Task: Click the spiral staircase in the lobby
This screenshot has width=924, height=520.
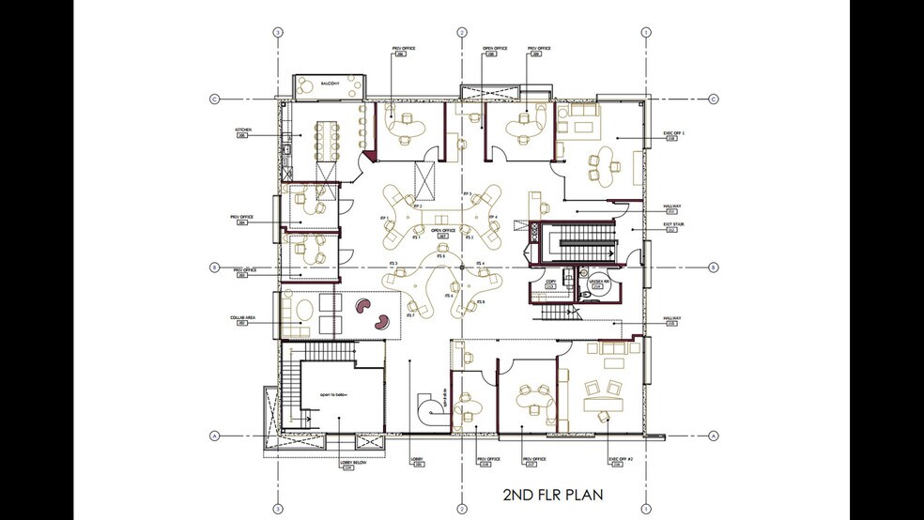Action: point(430,407)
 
